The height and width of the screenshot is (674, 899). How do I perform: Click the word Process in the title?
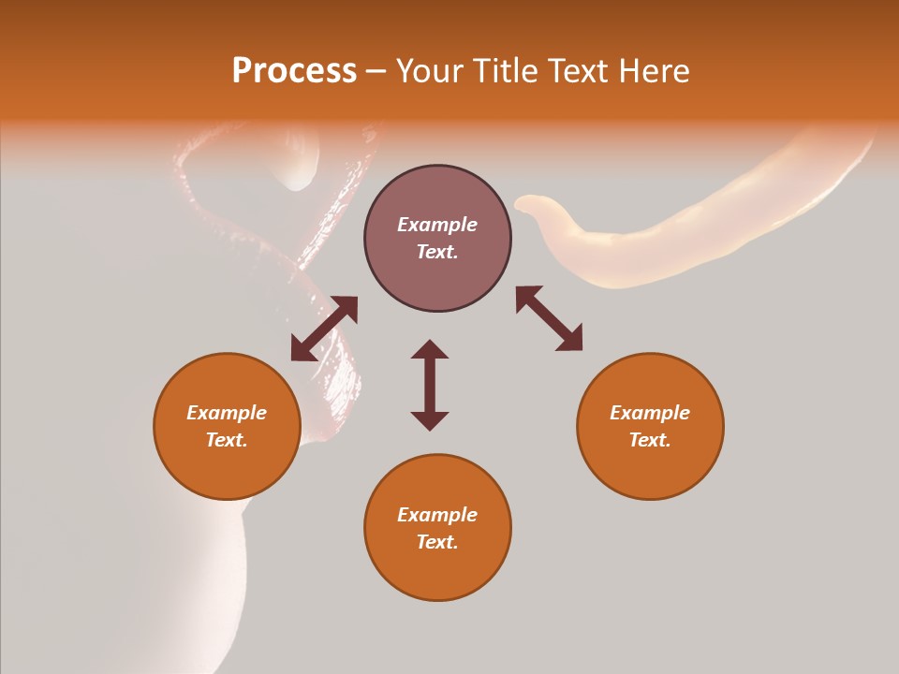point(294,71)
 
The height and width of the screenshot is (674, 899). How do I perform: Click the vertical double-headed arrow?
point(430,385)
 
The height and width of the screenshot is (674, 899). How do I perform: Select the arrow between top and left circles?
point(324,329)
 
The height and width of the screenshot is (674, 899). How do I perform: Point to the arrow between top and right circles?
point(549,319)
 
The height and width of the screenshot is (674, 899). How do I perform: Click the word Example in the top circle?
point(437,225)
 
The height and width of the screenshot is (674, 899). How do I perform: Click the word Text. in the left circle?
point(227,440)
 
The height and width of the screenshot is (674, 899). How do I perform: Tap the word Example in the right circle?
point(650,413)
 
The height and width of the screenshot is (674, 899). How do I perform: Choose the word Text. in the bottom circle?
point(437,542)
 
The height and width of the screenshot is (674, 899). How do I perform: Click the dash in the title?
point(376,71)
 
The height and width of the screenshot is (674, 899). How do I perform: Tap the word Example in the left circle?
point(227,413)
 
